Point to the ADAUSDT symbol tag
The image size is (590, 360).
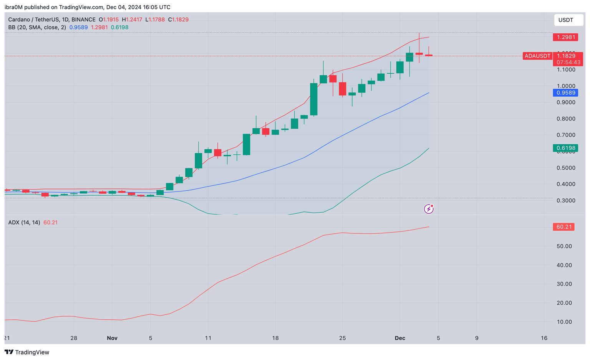click(537, 56)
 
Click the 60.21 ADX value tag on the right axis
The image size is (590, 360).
click(564, 227)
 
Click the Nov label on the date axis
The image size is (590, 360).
click(112, 338)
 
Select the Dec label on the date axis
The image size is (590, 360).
click(400, 338)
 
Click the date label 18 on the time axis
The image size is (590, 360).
click(275, 338)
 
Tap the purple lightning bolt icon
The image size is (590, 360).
click(429, 209)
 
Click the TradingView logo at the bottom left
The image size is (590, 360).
click(27, 352)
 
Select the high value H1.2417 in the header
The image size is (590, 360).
click(132, 20)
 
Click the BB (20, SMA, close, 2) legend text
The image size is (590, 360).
click(37, 27)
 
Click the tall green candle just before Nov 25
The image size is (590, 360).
click(314, 99)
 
